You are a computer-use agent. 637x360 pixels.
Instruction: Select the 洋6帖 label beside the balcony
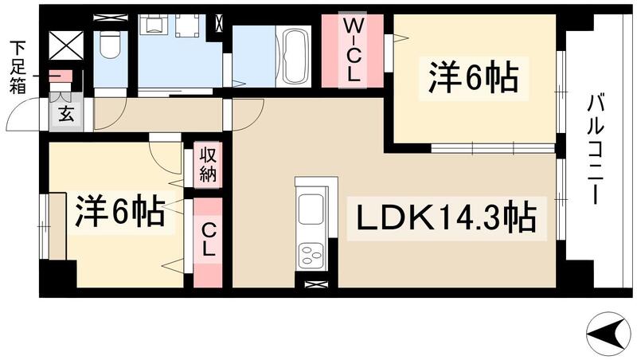(x=474, y=79)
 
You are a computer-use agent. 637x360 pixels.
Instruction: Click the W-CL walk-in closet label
(x=352, y=52)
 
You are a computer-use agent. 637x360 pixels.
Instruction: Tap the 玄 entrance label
(x=67, y=114)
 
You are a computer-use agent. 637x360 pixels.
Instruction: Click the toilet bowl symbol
(x=110, y=47)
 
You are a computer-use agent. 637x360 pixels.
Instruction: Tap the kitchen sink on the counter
(x=311, y=210)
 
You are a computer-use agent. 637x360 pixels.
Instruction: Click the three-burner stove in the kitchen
(x=311, y=255)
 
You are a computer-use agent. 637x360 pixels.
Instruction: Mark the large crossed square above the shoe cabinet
(x=65, y=44)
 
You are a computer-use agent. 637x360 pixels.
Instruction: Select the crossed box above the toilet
(x=105, y=17)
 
